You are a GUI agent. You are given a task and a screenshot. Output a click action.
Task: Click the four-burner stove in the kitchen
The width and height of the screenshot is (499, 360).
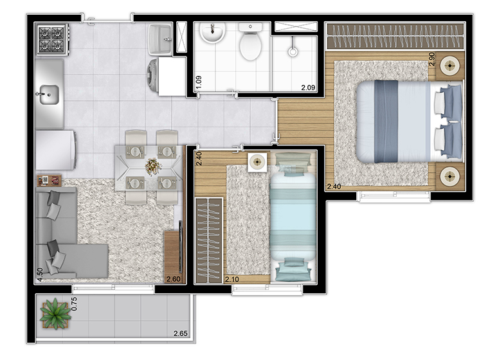coord(53,39)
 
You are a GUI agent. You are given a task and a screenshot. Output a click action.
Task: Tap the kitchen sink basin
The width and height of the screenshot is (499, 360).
coord(50,94)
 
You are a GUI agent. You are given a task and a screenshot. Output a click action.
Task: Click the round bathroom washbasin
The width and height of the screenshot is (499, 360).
coord(213,33)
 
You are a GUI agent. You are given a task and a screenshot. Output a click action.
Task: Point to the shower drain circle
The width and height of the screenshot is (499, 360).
coord(293,52)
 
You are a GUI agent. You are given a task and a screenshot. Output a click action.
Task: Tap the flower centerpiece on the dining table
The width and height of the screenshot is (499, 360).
coord(154,166)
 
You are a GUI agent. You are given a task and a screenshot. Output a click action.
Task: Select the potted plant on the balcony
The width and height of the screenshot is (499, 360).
coord(55,314)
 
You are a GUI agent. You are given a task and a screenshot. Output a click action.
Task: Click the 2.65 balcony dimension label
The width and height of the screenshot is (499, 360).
coord(181,333)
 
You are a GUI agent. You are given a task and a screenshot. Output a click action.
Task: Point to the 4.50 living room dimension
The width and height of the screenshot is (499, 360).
coord(40,274)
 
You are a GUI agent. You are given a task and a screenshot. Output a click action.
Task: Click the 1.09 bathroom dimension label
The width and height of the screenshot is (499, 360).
coord(199,82)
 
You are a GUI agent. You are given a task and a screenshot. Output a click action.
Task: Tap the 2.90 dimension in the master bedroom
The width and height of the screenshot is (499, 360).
coord(432,59)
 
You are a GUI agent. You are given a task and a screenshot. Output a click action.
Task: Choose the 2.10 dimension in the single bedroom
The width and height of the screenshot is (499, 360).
coord(232,279)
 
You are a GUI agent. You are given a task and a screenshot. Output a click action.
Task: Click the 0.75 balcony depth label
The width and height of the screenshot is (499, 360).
coord(74,304)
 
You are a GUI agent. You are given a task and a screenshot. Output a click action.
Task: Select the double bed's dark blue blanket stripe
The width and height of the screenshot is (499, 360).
coord(386,122)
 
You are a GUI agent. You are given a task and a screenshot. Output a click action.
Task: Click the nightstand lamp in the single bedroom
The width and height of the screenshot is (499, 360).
coord(257,162)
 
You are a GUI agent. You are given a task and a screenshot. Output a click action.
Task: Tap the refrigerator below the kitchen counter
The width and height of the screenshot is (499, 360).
coord(56,150)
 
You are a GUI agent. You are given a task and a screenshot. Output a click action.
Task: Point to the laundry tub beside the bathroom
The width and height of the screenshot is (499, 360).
coord(159,39)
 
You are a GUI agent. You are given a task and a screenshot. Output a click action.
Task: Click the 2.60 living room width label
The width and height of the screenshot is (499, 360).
coord(174,279)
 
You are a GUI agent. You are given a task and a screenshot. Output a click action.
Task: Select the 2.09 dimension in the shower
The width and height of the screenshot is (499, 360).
coord(308,87)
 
